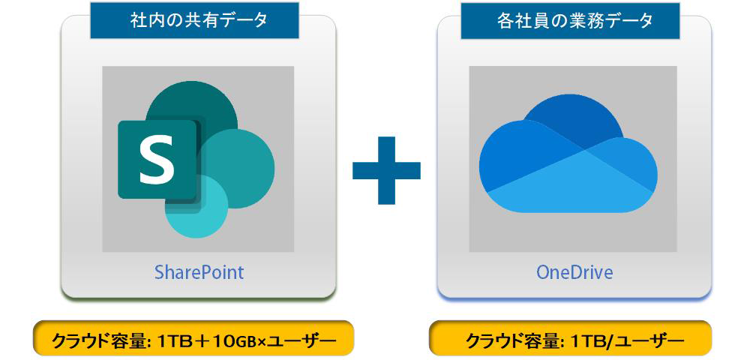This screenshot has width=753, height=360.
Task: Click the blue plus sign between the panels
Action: (386, 170)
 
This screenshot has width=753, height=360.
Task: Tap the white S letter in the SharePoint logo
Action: (157, 159)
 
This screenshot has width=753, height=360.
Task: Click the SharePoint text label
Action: (199, 273)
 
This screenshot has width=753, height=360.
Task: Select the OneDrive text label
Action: (574, 273)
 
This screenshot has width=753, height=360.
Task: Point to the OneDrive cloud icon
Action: (568, 153)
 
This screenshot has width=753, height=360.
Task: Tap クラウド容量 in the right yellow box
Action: (514, 341)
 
